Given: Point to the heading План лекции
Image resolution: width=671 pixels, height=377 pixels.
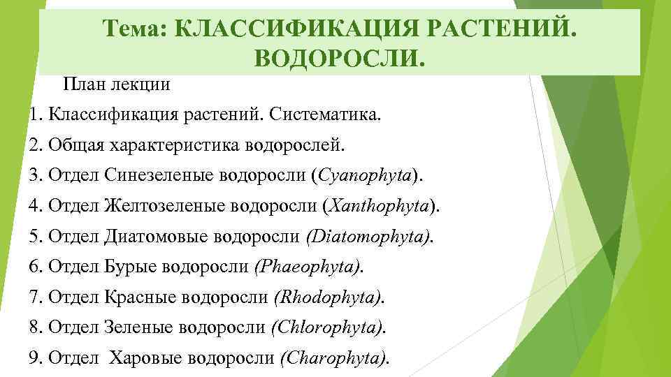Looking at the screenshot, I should pyautogui.click(x=117, y=85).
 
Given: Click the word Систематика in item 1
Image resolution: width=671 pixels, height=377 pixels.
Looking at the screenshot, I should pyautogui.click(x=323, y=114).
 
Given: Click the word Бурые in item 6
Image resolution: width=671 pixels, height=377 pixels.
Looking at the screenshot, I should pyautogui.click(x=131, y=267).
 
